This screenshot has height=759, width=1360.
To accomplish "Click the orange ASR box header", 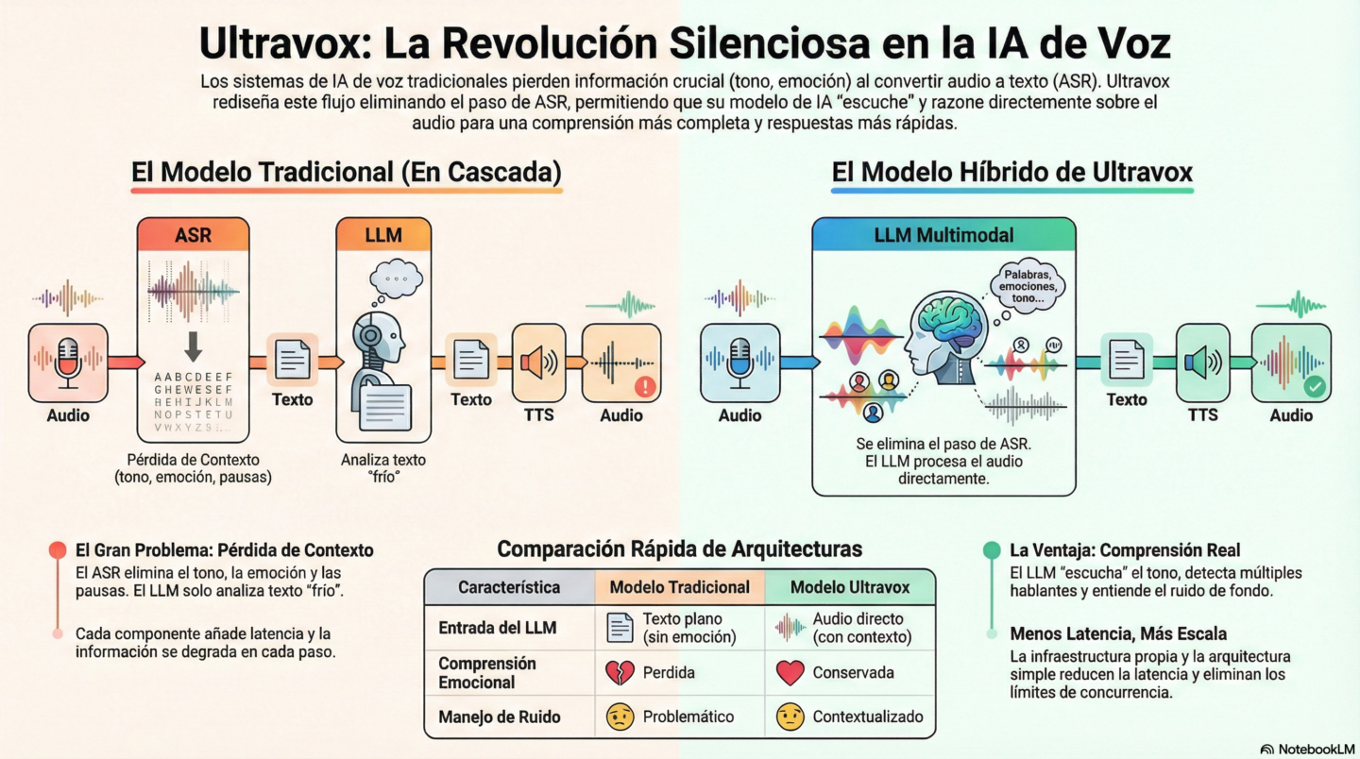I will click(193, 235).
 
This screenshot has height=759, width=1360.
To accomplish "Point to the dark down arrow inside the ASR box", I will click(193, 346).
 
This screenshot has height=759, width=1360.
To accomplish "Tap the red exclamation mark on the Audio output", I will click(646, 385).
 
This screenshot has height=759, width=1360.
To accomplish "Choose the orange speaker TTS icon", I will click(538, 363).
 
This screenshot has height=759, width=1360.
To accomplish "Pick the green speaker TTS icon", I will click(1202, 363).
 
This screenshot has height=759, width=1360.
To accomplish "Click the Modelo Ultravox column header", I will click(849, 587).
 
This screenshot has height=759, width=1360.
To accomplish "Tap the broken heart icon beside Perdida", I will click(619, 673).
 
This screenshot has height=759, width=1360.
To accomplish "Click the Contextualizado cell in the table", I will click(867, 717).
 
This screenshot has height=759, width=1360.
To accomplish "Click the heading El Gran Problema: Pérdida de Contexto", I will click(224, 549).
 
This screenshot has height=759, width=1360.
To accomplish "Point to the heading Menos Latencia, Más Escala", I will click(1118, 633).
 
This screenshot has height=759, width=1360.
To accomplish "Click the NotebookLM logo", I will click(1305, 749).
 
